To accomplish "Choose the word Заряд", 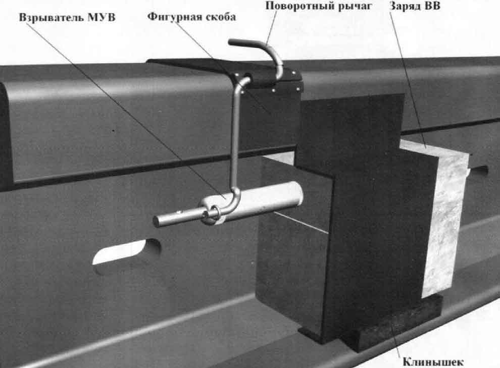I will [x=407, y=7].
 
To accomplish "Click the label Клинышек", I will [x=432, y=361].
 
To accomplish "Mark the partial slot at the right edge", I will [x=480, y=172].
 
